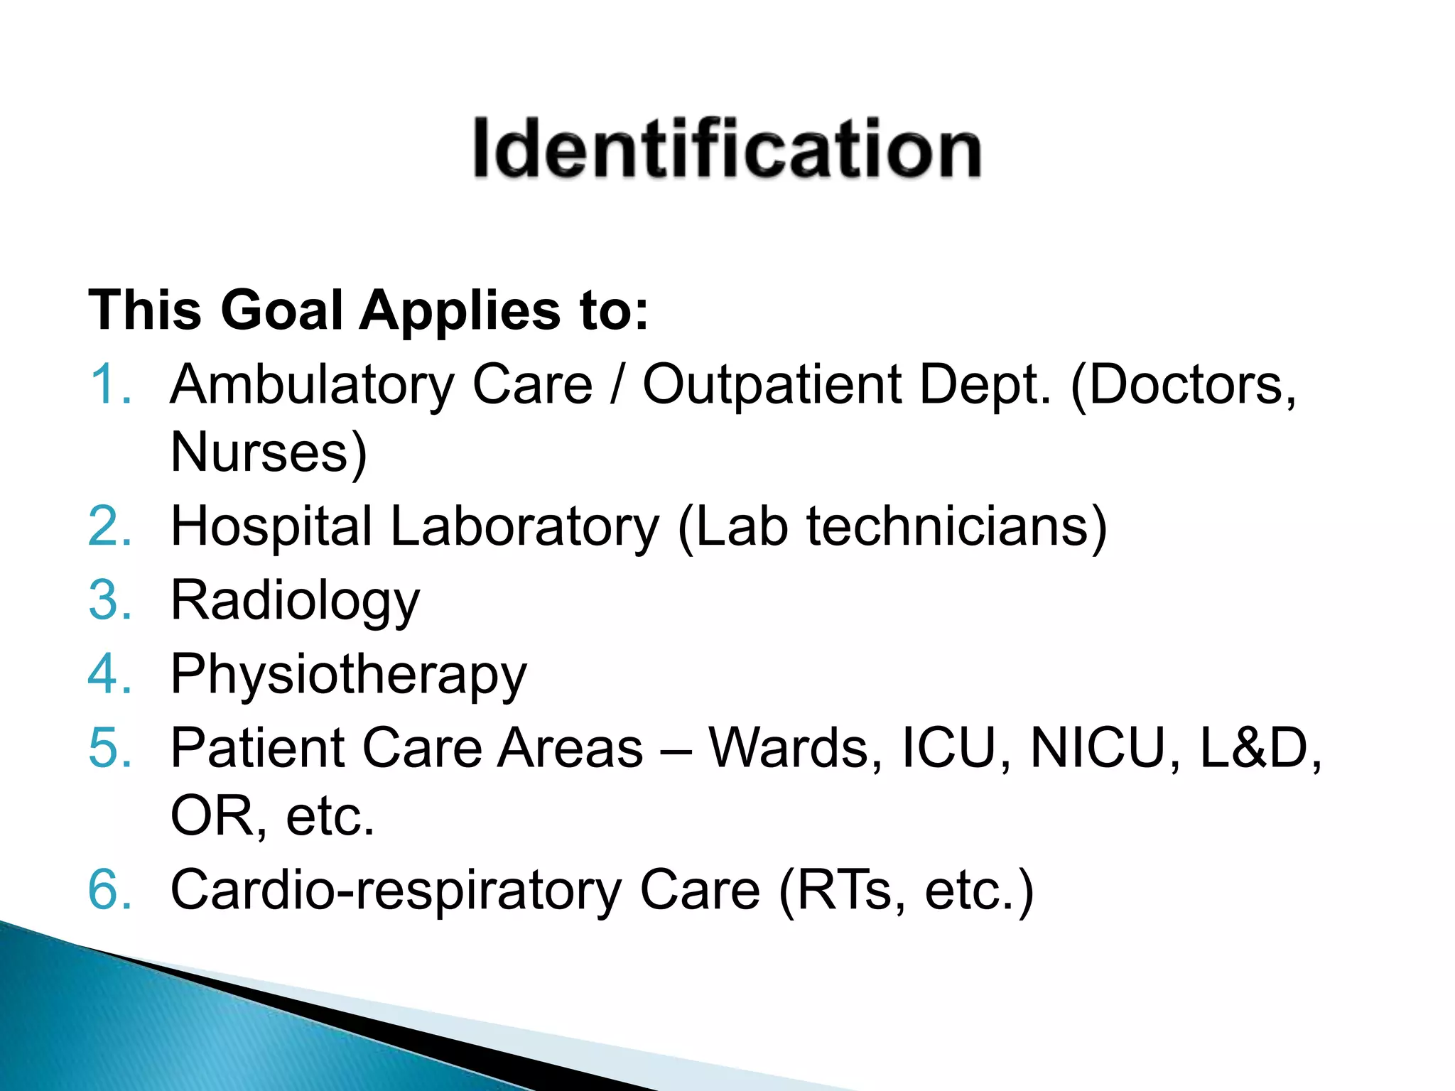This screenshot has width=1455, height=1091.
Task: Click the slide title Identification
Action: [727, 148]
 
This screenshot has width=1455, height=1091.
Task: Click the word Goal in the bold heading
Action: [281, 310]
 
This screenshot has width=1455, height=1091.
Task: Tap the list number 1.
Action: [110, 384]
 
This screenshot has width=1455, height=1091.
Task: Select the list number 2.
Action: [110, 526]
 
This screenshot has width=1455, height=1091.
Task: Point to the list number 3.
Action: [110, 600]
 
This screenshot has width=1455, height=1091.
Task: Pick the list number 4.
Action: [110, 673]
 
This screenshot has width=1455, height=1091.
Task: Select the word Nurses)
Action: [269, 452]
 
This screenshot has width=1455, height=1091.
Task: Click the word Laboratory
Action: [524, 528]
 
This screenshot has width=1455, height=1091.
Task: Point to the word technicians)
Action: [956, 528]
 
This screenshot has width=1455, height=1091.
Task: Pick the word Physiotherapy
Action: [348, 675]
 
